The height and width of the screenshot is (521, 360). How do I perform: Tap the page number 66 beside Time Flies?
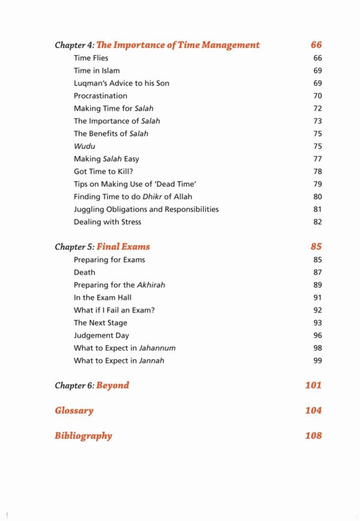(317, 58)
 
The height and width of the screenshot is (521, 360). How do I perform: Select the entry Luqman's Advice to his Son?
(121, 83)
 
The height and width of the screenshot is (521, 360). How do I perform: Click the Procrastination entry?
(100, 96)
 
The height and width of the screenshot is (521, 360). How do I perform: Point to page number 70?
(317, 96)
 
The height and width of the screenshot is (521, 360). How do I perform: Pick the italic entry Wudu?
(85, 146)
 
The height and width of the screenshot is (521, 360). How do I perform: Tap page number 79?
(317, 184)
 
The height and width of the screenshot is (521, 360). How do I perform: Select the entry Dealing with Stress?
(107, 222)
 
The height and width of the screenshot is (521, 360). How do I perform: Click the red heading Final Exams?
(123, 247)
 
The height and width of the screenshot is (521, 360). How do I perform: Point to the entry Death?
(85, 272)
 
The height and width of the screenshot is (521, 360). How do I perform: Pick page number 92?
(317, 310)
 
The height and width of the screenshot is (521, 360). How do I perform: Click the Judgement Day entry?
(101, 335)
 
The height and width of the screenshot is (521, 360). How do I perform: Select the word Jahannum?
(157, 348)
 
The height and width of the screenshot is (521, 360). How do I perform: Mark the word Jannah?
(151, 360)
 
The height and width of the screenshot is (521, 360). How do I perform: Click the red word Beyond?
(113, 386)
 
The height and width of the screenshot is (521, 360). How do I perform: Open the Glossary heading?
(74, 411)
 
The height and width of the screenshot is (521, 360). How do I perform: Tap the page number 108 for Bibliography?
(313, 436)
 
